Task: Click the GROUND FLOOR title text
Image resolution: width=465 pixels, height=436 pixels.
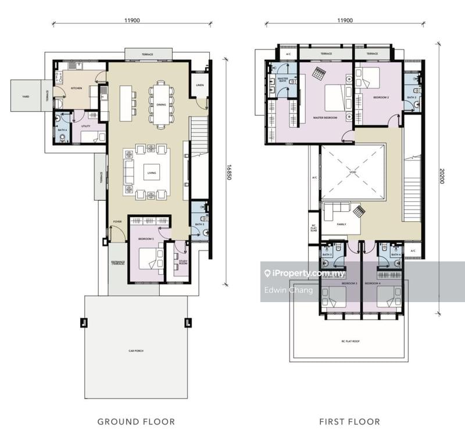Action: click(135, 421)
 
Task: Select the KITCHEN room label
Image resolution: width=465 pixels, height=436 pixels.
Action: click(76, 88)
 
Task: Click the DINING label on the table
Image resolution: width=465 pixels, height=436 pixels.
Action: click(160, 105)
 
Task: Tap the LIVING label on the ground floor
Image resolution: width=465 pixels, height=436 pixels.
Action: click(152, 173)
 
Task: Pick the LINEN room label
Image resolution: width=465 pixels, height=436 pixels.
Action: click(200, 86)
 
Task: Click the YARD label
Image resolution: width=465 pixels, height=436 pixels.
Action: click(26, 97)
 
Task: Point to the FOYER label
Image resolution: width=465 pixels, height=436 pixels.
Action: click(117, 221)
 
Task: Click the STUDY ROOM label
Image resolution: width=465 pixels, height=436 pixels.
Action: click(183, 263)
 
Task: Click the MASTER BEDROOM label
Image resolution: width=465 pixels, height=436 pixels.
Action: click(325, 117)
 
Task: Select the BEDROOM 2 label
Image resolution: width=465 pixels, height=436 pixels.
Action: click(381, 97)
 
